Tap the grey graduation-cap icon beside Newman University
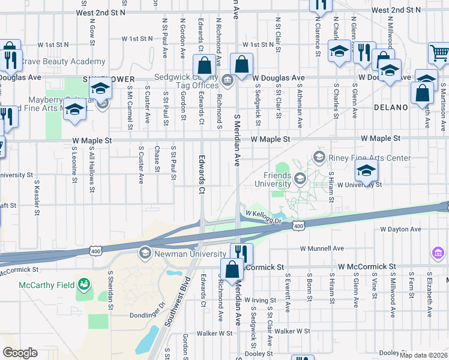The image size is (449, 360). pos(144,253)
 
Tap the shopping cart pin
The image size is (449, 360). pos(439,53)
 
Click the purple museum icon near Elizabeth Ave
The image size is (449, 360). pos(438,254)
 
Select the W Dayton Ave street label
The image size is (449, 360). pos(400,229)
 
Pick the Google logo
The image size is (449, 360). pos(20,352)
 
